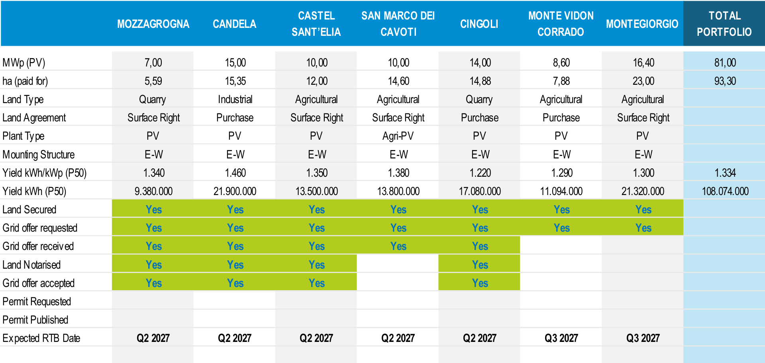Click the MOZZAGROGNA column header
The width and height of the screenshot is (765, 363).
coord(153,24)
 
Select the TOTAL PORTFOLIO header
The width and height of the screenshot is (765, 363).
coord(724,24)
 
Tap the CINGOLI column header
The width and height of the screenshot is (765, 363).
coord(479,24)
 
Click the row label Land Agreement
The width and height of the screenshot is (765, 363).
coord(34,118)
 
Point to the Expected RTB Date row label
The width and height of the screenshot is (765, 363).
coord(41,338)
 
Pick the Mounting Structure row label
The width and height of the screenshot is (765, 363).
coord(39,154)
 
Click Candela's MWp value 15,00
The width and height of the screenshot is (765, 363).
coord(235,62)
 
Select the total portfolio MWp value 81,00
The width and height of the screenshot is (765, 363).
coord(725,62)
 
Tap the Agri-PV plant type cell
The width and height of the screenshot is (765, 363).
coord(398,136)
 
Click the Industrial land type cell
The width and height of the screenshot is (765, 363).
coord(235,100)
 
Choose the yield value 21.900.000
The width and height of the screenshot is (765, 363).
coord(235,191)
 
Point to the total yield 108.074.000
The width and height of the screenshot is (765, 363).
coord(725,191)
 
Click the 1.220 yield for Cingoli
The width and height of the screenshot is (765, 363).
coord(480,173)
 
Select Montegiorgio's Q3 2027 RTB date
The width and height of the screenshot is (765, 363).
coord(643,338)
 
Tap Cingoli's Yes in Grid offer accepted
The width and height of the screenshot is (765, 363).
coord(480,283)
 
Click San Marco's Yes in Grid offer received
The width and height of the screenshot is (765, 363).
coord(398,246)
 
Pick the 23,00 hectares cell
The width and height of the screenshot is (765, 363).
coord(643,81)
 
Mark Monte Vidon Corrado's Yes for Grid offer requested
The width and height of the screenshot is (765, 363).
coord(562,228)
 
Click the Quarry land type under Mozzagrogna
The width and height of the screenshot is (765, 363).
coord(153,100)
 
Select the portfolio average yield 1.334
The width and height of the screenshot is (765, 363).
coord(725,173)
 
